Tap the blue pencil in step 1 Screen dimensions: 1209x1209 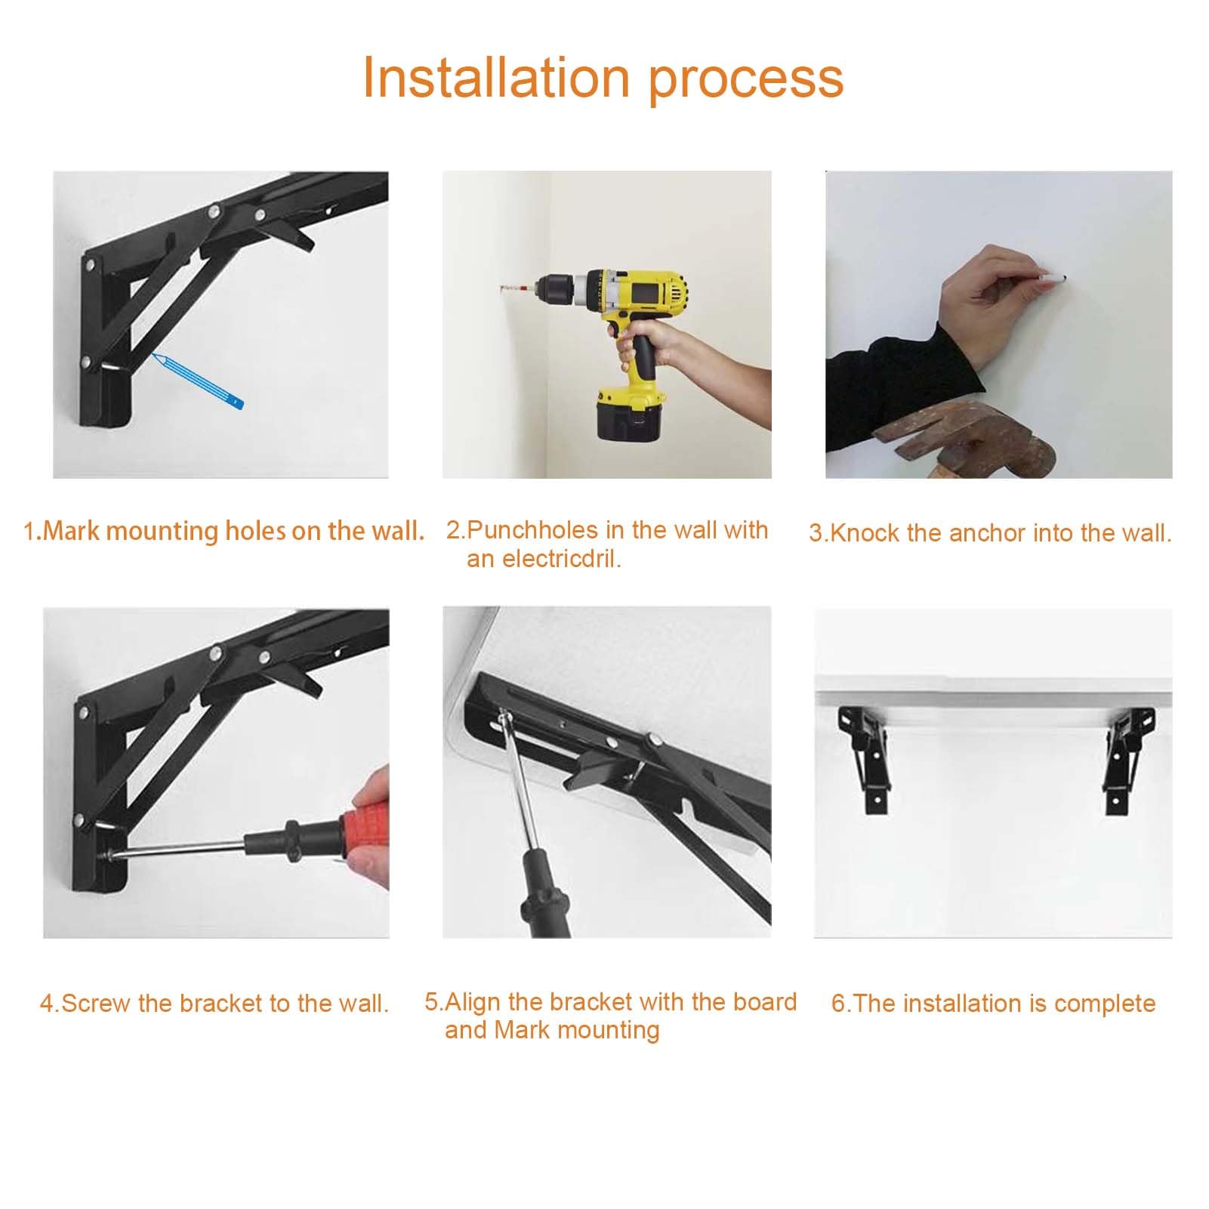point(198,380)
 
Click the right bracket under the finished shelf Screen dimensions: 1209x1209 point(1127,757)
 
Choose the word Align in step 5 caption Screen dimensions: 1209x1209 point(473,1002)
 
